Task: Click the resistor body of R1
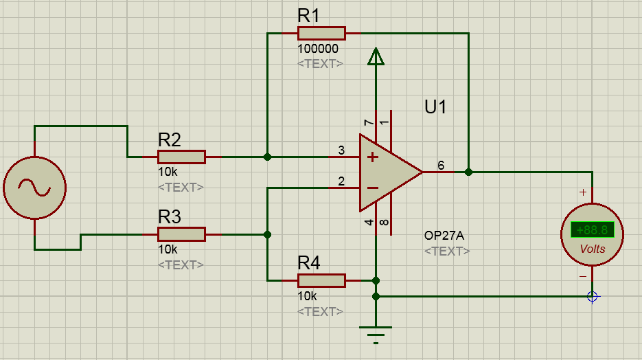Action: click(321, 33)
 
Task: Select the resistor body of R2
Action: click(181, 157)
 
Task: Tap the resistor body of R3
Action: click(181, 234)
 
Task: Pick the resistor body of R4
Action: click(321, 280)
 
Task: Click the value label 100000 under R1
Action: click(318, 49)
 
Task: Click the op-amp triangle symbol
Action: click(388, 172)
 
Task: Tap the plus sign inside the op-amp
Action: click(372, 157)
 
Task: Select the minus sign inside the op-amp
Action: click(372, 188)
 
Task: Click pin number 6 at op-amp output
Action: click(441, 165)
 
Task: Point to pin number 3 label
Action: click(341, 150)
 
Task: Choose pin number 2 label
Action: click(341, 181)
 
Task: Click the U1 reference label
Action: click(435, 107)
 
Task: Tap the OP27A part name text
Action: click(444, 236)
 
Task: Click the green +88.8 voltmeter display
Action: click(593, 230)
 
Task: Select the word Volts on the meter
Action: click(593, 249)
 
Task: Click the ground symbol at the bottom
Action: click(376, 333)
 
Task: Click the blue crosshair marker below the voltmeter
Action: click(593, 296)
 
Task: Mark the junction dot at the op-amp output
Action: click(468, 172)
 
